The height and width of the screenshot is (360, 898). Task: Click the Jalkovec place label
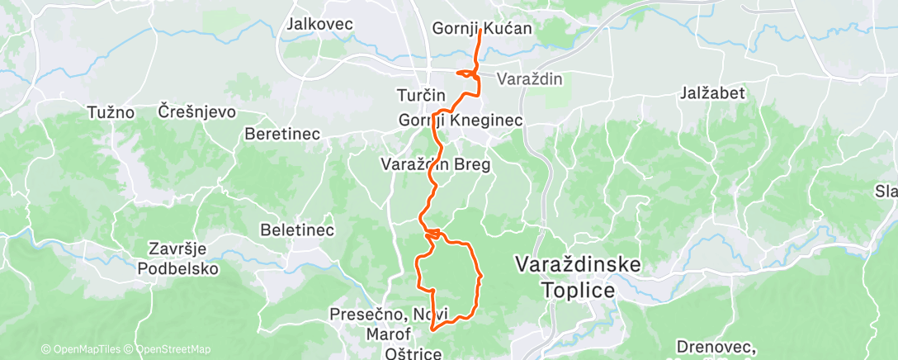(x=319, y=24)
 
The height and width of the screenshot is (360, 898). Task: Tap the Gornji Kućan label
(x=482, y=29)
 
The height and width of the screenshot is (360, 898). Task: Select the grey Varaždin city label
(x=529, y=79)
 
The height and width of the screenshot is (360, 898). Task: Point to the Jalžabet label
(x=714, y=93)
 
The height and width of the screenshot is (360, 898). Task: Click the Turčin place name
(x=421, y=95)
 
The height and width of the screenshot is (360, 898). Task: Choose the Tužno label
(x=111, y=111)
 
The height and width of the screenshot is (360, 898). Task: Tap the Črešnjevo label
(x=197, y=111)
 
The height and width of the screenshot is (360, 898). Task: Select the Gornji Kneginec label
(x=461, y=121)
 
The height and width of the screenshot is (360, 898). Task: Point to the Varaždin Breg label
(x=436, y=164)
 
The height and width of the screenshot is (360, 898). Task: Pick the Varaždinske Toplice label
(x=578, y=277)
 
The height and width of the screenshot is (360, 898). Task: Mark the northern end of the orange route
(x=480, y=31)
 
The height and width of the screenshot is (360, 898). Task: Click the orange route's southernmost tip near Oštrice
(x=432, y=329)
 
